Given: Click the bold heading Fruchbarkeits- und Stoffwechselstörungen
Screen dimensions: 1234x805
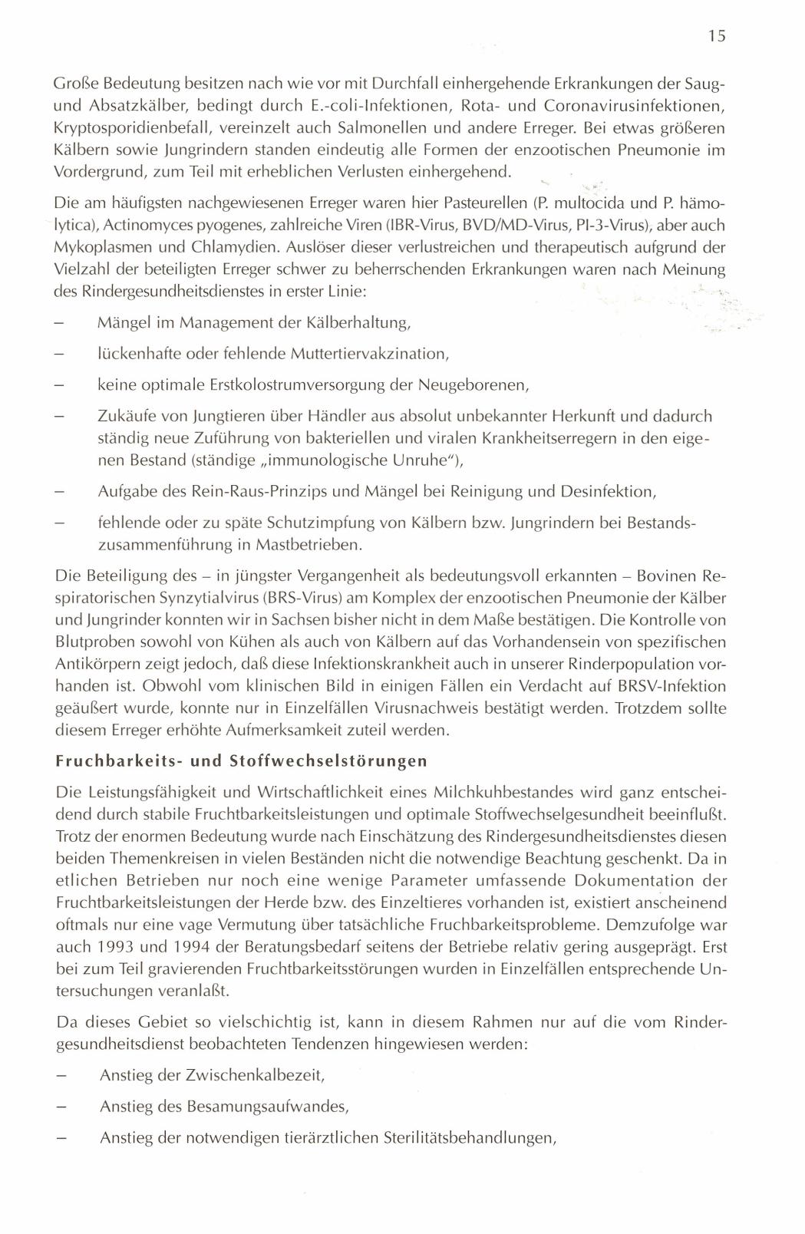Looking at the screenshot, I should tap(241, 761).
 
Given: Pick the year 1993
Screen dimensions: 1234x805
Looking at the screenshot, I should tap(101, 925).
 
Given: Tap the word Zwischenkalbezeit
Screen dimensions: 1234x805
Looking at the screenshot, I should tap(255, 1075).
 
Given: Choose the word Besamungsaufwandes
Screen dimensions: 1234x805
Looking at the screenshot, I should tap(268, 1107).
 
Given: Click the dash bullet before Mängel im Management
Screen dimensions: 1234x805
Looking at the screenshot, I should tap(60, 323).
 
